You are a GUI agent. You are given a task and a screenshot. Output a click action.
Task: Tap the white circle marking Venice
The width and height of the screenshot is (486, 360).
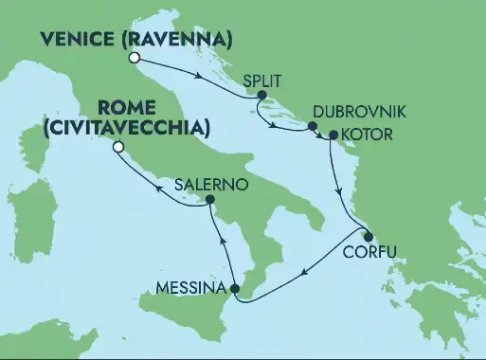click(x=135, y=58)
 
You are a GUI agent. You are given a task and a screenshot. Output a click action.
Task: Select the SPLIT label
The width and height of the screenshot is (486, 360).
click(x=262, y=83)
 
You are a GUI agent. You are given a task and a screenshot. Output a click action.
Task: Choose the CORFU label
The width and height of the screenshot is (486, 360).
click(x=370, y=253)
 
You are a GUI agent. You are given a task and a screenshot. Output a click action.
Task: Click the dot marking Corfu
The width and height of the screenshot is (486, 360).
click(x=368, y=238)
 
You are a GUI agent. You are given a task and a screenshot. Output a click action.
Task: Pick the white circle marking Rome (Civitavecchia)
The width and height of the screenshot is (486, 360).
click(x=118, y=147)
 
